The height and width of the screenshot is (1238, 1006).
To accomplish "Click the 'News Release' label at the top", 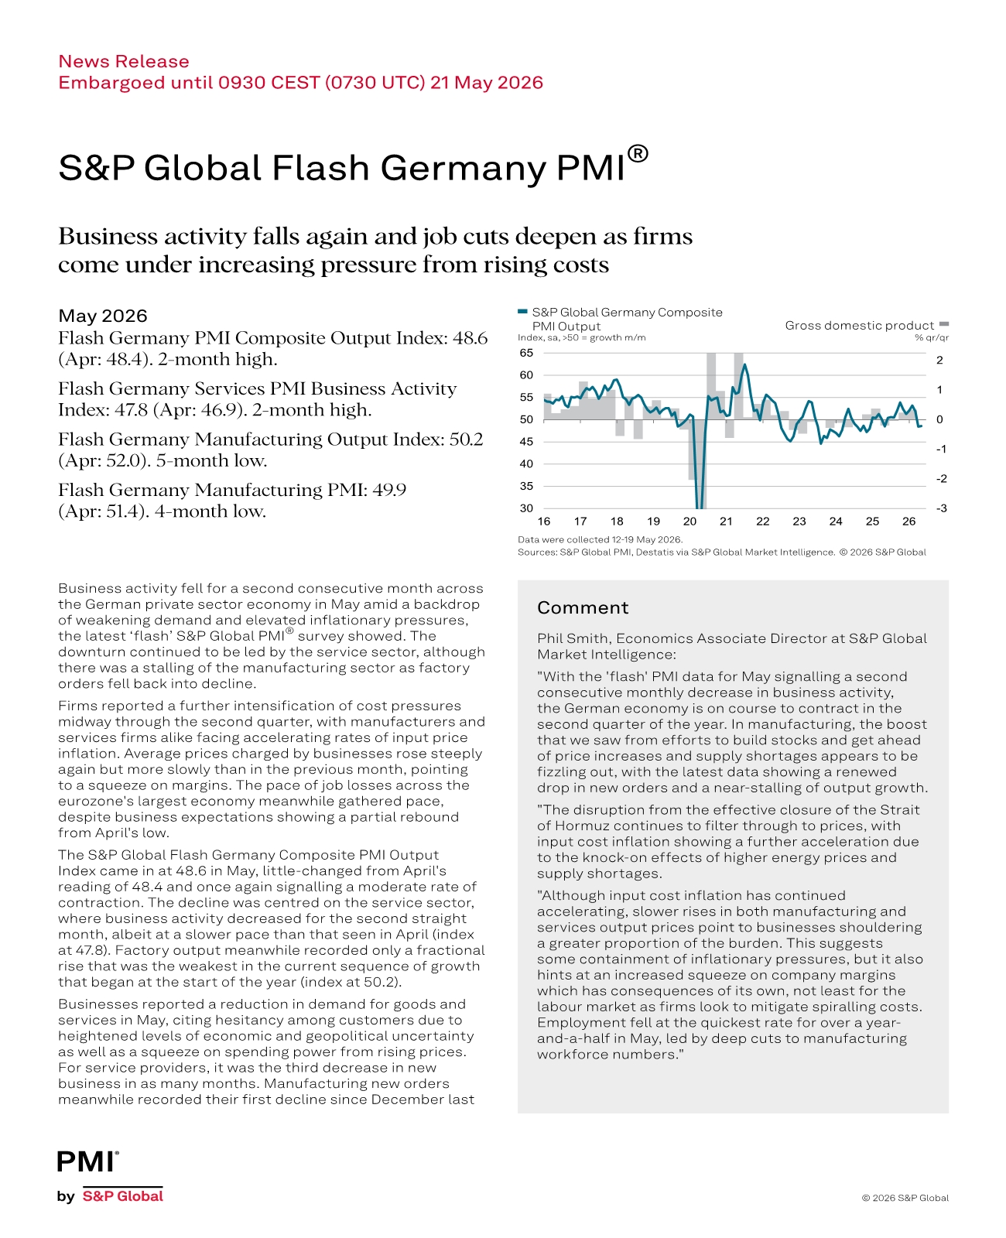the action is pyautogui.click(x=124, y=61).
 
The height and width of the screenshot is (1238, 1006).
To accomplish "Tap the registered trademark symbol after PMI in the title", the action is pyautogui.click(x=638, y=154).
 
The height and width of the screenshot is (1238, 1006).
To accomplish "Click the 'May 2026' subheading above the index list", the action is pyautogui.click(x=103, y=316).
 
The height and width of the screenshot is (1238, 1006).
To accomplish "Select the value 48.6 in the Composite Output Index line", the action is pyautogui.click(x=469, y=337).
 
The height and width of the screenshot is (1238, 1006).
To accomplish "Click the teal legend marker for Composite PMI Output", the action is pyautogui.click(x=522, y=312).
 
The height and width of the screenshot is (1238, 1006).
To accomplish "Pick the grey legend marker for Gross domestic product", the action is pyautogui.click(x=944, y=323).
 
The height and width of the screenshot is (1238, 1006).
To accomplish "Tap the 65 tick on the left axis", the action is pyautogui.click(x=526, y=353).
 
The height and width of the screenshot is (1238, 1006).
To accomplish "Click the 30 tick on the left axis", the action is pyautogui.click(x=526, y=508).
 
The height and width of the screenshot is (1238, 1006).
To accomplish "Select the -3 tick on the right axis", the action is pyautogui.click(x=942, y=508).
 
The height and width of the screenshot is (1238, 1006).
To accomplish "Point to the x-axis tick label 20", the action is pyautogui.click(x=689, y=522).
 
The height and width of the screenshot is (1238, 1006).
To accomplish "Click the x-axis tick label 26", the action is pyautogui.click(x=908, y=522).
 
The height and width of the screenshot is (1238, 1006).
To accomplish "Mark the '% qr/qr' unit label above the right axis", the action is pyautogui.click(x=932, y=337).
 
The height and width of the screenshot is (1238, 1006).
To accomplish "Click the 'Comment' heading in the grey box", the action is pyautogui.click(x=583, y=607).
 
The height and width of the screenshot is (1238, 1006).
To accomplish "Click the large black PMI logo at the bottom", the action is pyautogui.click(x=87, y=1161).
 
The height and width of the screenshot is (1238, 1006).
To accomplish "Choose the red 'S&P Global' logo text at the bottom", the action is pyautogui.click(x=122, y=1196).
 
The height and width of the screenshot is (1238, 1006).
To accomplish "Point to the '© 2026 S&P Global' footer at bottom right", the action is pyautogui.click(x=905, y=1198).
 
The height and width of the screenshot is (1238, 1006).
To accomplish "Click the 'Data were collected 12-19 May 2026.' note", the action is pyautogui.click(x=600, y=539).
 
